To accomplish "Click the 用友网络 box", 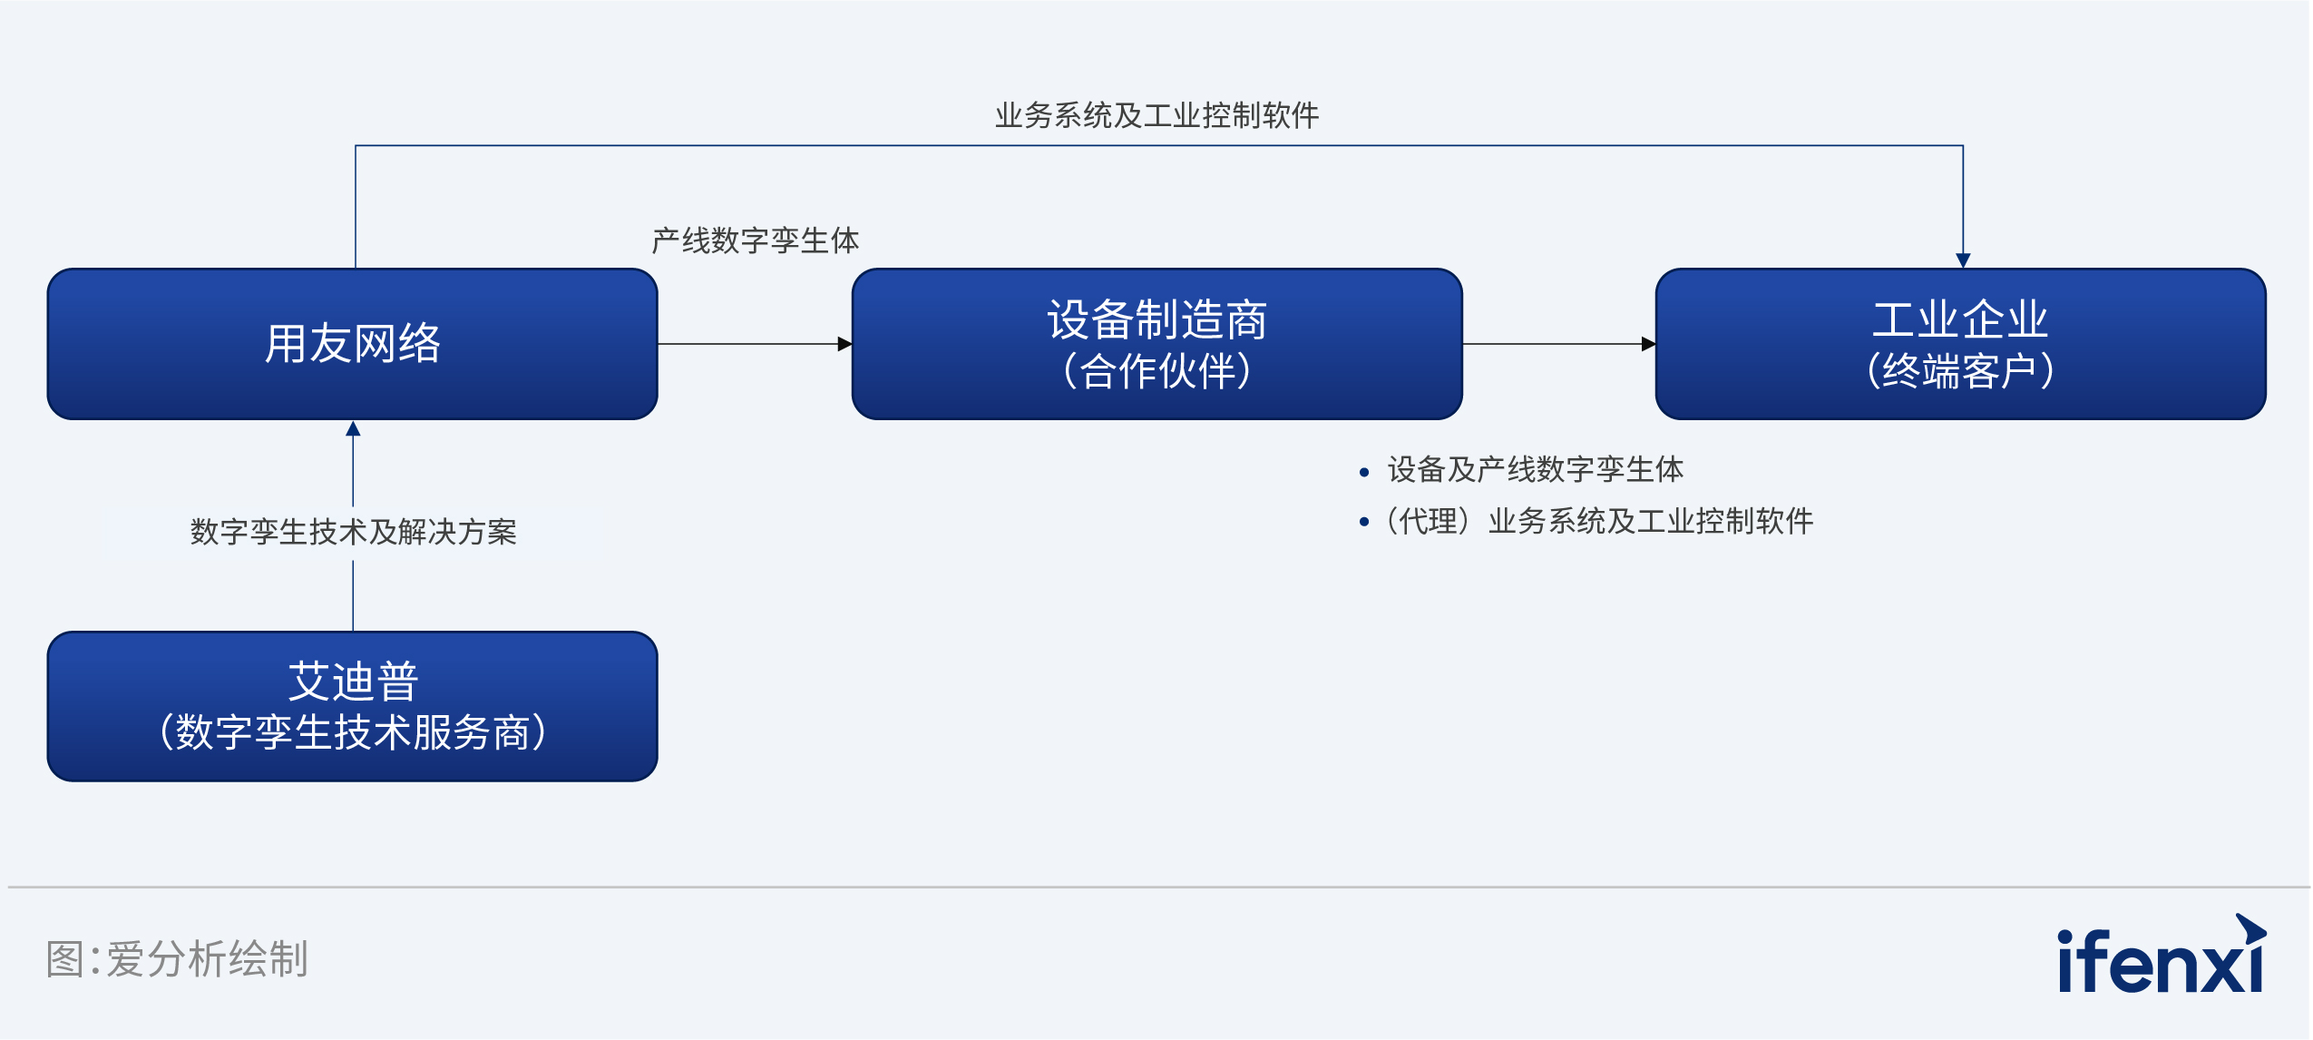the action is click(x=352, y=344).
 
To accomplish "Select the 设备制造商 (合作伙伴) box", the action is click(x=1156, y=344).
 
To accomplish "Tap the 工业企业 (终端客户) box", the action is click(x=1960, y=344).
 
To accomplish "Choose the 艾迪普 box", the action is click(x=352, y=706).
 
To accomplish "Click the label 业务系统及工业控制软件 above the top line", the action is click(x=1156, y=115).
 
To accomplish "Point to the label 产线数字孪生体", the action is click(x=756, y=240).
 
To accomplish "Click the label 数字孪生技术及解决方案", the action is click(x=353, y=532).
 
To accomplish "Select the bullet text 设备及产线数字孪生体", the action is click(x=1536, y=469).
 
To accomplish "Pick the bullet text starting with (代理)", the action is click(x=1598, y=521).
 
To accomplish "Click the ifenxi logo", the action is click(x=2161, y=955).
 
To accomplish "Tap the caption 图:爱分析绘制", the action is click(x=177, y=959).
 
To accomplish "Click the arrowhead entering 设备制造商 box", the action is click(x=844, y=344).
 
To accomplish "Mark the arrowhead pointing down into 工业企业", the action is click(x=1963, y=260).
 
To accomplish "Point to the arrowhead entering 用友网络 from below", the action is click(x=353, y=428).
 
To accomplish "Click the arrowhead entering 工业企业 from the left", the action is click(x=1648, y=344).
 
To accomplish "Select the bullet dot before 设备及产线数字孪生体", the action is click(x=1363, y=472).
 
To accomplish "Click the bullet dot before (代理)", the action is click(x=1363, y=522).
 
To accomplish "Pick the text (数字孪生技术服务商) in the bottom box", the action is click(x=352, y=732).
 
